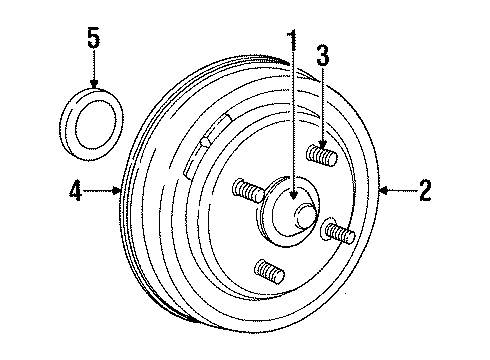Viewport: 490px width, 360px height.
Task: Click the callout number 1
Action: tap(292, 43)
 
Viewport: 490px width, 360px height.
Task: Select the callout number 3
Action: tap(322, 56)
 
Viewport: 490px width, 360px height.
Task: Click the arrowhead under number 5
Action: tap(93, 86)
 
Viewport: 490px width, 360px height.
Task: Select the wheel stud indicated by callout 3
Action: tap(322, 157)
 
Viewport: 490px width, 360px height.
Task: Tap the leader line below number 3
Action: tap(322, 100)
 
